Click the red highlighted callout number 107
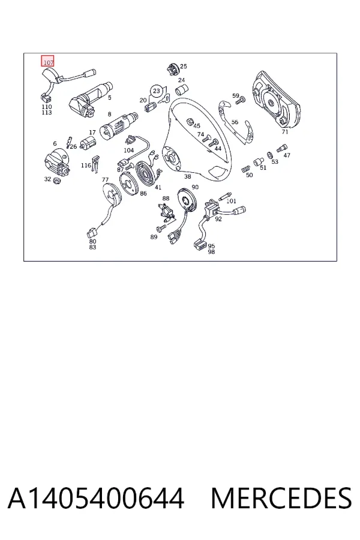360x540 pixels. [47, 61]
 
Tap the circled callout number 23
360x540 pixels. [157, 91]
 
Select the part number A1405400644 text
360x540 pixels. [96, 498]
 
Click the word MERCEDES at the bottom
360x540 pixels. [281, 498]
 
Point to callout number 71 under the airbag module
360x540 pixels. [284, 131]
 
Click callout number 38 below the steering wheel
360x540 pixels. [187, 176]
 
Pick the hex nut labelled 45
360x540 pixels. [189, 122]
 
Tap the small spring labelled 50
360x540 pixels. [245, 169]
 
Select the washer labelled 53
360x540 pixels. [270, 155]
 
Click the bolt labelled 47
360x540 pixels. [281, 148]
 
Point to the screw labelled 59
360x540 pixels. [240, 101]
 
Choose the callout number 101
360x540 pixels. [231, 201]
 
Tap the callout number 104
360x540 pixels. [128, 150]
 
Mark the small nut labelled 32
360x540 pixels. [57, 181]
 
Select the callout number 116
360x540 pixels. [86, 166]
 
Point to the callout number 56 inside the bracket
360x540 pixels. [235, 122]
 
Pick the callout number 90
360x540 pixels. [195, 187]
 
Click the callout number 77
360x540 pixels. [105, 179]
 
